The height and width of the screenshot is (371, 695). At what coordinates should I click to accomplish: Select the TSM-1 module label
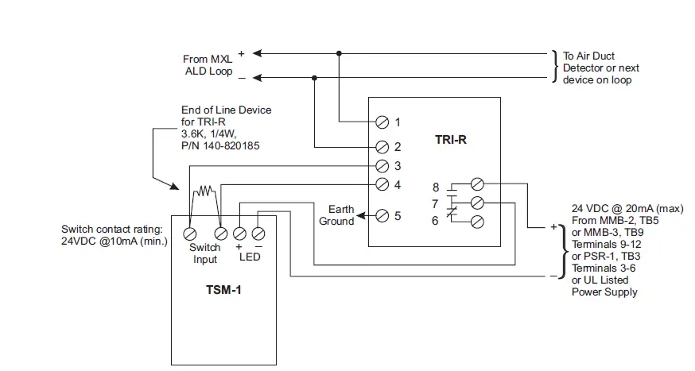tap(219, 290)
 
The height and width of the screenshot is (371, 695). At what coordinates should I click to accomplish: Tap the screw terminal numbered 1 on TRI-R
tap(381, 122)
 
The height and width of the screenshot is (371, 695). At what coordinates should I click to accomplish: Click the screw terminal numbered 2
tap(381, 147)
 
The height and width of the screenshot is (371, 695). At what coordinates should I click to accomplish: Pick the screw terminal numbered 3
tap(381, 166)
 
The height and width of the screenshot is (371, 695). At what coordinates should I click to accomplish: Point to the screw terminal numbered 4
tap(381, 186)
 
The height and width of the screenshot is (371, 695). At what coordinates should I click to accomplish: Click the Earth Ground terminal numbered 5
tap(381, 215)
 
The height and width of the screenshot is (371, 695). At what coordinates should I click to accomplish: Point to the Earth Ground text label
tap(336, 215)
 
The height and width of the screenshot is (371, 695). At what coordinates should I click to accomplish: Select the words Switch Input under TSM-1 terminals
tap(204, 253)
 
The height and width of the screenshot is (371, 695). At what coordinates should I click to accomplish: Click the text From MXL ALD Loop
tap(208, 65)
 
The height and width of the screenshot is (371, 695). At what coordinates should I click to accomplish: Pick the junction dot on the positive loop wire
tap(340, 53)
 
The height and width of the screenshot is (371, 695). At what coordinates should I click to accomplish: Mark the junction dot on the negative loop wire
tap(315, 78)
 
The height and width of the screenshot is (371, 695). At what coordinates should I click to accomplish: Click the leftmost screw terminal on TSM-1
tap(191, 234)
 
